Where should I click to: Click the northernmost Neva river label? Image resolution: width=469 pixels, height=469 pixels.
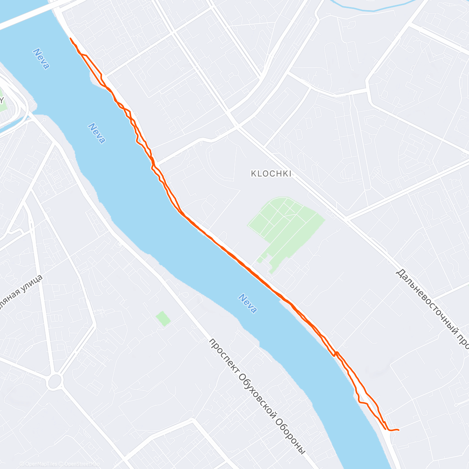41,59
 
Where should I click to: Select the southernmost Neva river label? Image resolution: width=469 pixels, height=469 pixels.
248,304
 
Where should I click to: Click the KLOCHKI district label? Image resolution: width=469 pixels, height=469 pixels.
271,174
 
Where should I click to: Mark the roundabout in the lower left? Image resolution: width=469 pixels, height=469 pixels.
54,381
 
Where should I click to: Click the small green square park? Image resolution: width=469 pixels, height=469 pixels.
163,319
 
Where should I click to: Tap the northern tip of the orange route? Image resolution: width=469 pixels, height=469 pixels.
70,38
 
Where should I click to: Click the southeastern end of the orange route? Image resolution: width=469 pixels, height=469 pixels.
398,430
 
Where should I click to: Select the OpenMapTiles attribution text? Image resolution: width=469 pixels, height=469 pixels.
39,464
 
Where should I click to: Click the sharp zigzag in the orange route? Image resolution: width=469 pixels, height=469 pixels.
336,354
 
